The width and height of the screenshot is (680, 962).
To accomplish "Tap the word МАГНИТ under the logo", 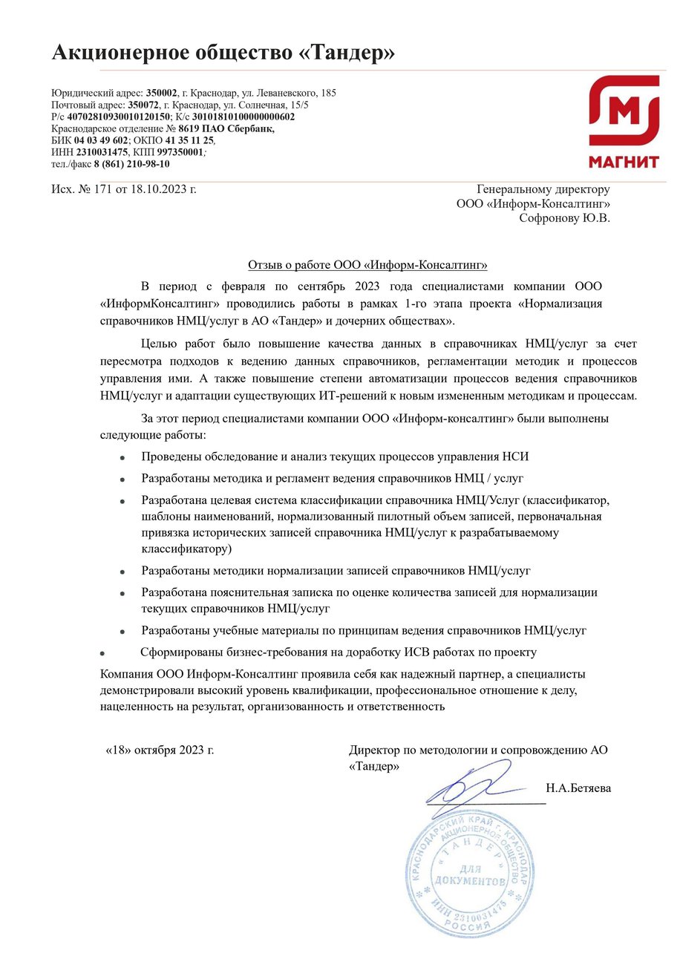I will click(624, 162).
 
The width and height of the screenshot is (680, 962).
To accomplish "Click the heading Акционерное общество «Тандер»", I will click(223, 53).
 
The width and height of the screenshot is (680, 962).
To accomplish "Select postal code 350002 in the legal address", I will click(162, 94).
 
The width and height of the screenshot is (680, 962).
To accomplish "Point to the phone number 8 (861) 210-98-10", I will click(131, 164).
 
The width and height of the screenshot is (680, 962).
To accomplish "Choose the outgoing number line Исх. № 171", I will click(124, 190).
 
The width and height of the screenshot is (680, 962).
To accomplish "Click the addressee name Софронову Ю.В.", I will click(564, 218).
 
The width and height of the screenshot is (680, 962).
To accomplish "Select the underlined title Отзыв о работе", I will click(367, 265).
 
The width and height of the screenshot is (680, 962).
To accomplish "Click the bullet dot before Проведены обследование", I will click(122, 459).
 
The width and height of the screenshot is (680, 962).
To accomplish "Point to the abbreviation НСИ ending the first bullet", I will click(517, 457).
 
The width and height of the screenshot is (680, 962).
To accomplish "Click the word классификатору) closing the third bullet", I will click(186, 549).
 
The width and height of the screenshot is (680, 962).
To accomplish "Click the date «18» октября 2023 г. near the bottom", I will click(160, 750).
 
